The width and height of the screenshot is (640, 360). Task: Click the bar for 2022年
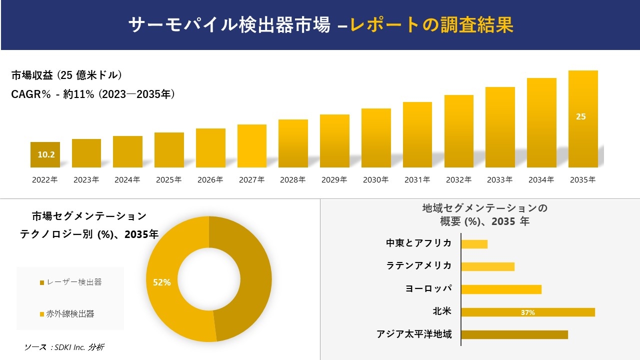(45, 155)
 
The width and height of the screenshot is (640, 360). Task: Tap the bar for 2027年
(252, 146)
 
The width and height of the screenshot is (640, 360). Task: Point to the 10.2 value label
(46, 154)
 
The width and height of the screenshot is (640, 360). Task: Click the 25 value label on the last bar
(580, 116)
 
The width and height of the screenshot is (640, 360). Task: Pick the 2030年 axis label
(375, 180)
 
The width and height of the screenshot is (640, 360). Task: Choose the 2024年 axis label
(127, 180)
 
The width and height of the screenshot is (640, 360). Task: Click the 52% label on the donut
(161, 282)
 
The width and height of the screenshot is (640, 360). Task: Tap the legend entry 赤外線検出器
(70, 314)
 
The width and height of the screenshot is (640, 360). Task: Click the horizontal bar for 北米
(527, 312)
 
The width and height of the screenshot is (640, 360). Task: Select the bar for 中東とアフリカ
(474, 244)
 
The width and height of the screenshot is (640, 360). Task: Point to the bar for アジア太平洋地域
(514, 334)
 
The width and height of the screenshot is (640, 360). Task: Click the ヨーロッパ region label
(428, 288)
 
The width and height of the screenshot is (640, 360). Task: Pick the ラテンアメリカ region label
(419, 265)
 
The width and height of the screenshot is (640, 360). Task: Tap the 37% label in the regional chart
(527, 312)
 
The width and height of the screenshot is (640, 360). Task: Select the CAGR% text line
(93, 94)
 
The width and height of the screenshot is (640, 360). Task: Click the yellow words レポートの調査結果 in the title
(431, 25)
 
